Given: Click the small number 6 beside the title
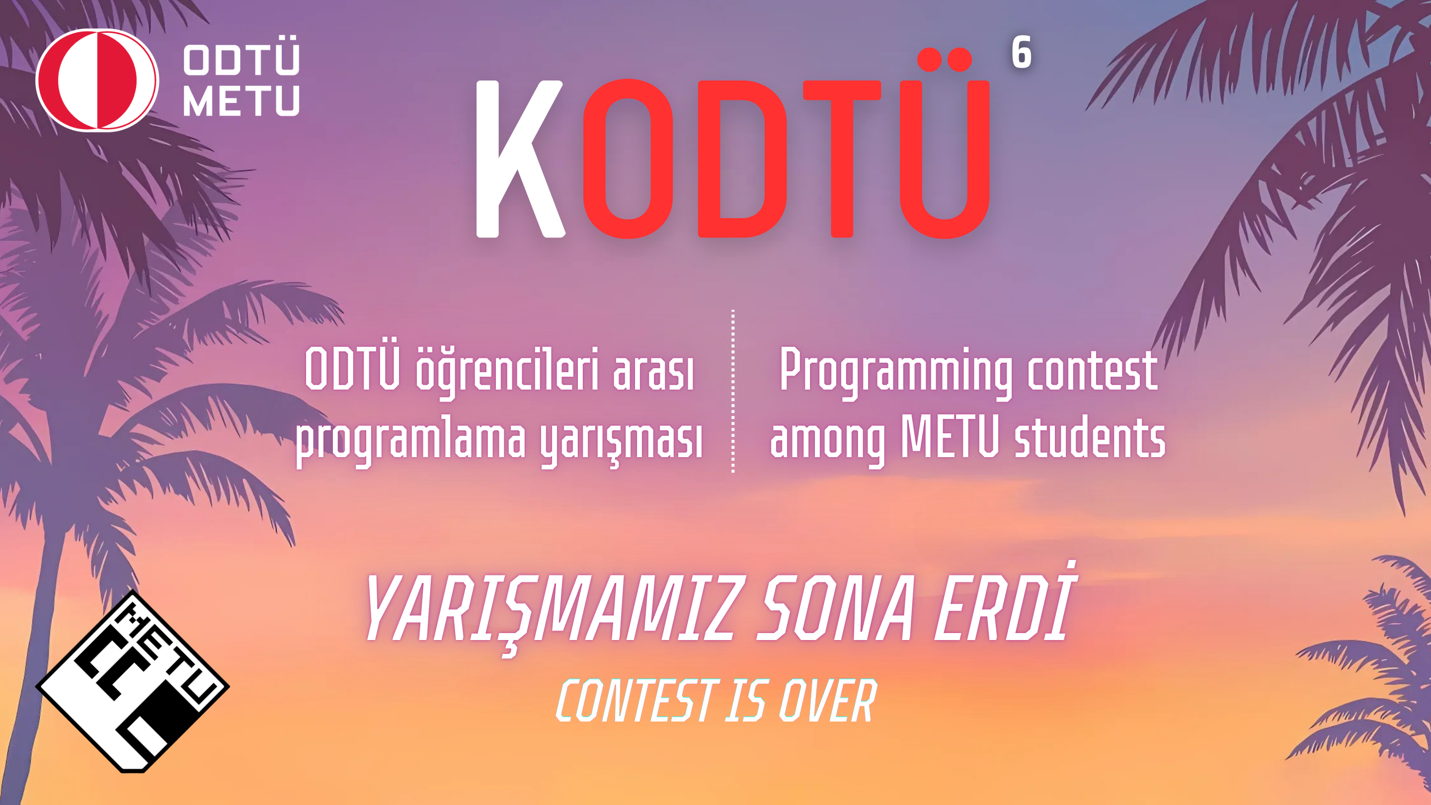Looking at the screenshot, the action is (x=1022, y=52).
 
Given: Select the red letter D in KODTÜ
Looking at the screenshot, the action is (x=742, y=160).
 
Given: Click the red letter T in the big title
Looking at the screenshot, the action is (x=842, y=160).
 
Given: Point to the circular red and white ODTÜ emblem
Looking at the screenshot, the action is (x=97, y=80).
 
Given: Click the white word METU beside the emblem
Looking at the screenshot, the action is (x=241, y=100).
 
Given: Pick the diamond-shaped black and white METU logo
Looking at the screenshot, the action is (x=133, y=682).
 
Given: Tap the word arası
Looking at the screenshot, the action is (x=653, y=371).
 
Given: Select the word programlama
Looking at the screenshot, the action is (x=410, y=441).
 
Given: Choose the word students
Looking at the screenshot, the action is (x=1090, y=437).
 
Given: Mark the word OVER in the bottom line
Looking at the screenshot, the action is (x=828, y=701).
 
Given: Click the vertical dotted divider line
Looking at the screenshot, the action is (x=733, y=391).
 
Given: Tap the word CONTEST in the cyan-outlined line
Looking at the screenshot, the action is (x=635, y=701).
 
